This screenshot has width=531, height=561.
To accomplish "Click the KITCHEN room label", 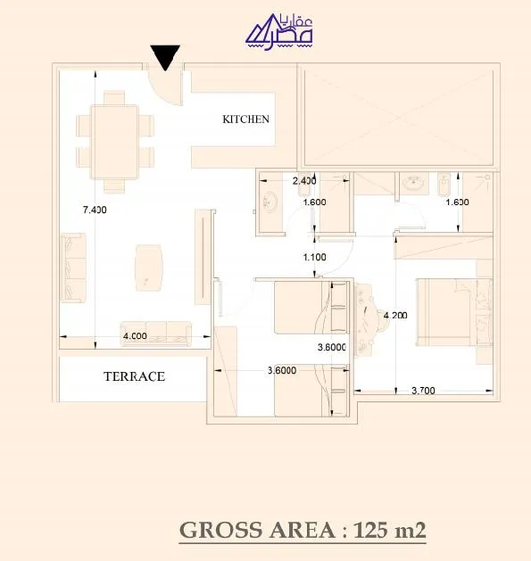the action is click(x=245, y=120).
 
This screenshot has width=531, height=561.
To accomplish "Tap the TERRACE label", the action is click(x=134, y=376).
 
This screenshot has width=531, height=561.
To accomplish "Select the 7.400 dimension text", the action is click(x=95, y=210).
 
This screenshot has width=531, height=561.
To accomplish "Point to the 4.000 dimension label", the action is click(x=135, y=336).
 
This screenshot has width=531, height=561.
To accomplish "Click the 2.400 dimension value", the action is click(x=304, y=181).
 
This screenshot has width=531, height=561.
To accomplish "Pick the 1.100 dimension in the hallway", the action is click(x=315, y=257).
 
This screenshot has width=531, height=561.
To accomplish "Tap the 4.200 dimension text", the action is click(x=395, y=315).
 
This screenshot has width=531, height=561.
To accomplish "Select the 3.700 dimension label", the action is click(x=423, y=391).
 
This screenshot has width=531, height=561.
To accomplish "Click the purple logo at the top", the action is click(x=279, y=32).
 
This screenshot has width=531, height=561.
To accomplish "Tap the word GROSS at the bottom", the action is click(x=221, y=530).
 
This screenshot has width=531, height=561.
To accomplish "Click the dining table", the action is click(x=114, y=142).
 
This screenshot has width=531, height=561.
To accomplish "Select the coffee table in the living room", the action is click(x=149, y=268).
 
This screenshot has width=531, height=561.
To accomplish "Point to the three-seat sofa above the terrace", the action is click(x=156, y=334).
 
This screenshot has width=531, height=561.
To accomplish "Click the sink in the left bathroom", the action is click(x=270, y=202).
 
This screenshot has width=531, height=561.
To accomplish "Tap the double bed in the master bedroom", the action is click(x=454, y=312).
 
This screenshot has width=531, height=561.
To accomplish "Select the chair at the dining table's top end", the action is click(x=114, y=98).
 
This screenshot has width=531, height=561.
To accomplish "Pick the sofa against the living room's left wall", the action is click(x=73, y=268).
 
